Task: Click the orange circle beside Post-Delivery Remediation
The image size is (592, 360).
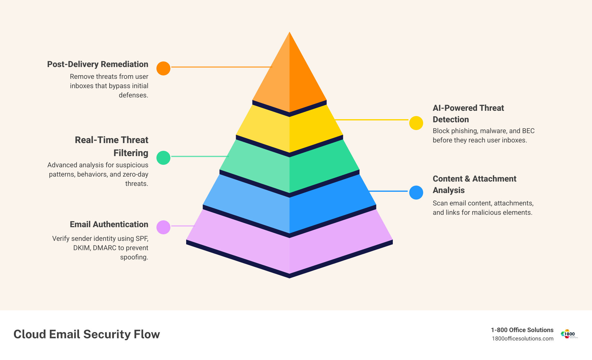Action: [163, 68]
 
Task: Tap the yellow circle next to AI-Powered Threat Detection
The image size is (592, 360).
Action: [416, 123]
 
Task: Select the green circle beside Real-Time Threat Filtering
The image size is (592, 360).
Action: [163, 158]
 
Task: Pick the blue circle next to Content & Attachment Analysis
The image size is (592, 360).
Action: [416, 192]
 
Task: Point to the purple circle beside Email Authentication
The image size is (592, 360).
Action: [163, 227]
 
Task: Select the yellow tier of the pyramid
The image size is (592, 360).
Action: [289, 130]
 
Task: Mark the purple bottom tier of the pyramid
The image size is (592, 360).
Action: [289, 248]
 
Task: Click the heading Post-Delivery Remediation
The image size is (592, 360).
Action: [98, 64]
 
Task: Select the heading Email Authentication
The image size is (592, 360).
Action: [109, 224]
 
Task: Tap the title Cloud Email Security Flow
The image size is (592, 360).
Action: [87, 334]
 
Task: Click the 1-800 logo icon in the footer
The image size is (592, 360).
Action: [569, 334]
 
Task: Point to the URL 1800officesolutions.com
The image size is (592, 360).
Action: [523, 339]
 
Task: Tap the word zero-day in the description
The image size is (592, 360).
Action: [135, 174]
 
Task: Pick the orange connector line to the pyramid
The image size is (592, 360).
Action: [221, 67]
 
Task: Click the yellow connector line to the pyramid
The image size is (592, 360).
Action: [372, 119]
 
